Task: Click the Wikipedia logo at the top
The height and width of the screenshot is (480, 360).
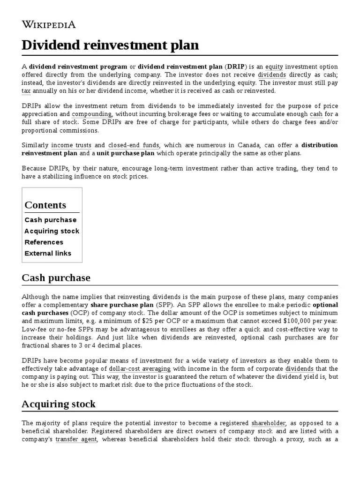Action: click(49, 24)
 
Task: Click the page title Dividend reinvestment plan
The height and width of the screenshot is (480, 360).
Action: click(110, 45)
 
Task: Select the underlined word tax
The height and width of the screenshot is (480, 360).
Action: click(26, 91)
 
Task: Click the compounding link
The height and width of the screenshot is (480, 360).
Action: click(91, 114)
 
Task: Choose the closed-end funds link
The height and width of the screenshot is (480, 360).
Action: click(134, 146)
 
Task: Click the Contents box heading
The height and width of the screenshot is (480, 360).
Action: click(45, 205)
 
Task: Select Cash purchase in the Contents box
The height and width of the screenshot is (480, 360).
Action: click(51, 220)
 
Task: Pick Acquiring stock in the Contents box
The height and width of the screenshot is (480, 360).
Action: click(52, 231)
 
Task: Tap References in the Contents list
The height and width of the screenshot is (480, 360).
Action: click(44, 242)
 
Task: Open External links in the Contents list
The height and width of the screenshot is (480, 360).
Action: click(48, 254)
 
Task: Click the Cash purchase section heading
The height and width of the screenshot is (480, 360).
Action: click(56, 278)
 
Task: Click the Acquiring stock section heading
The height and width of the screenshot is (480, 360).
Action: click(59, 404)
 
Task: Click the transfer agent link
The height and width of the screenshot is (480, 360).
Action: click(76, 440)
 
